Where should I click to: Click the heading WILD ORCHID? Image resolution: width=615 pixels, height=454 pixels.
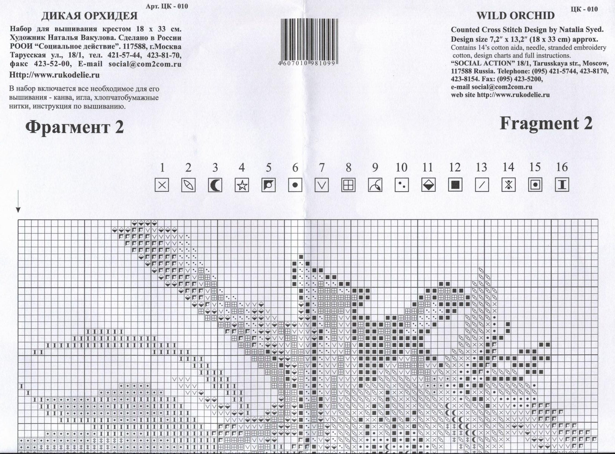[x=516, y=16]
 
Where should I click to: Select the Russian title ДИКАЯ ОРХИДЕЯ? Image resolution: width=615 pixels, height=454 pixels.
[x=90, y=16]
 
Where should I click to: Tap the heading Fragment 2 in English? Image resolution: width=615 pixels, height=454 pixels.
[x=546, y=123]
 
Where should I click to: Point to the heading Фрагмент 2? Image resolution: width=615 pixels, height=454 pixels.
[x=74, y=127]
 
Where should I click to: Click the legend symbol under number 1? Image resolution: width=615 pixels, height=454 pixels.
[x=162, y=185]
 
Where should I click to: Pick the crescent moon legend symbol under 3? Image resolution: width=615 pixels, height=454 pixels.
[x=215, y=185]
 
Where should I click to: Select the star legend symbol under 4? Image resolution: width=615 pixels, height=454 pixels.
[x=242, y=185]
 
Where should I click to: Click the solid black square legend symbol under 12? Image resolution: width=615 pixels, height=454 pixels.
[x=455, y=185]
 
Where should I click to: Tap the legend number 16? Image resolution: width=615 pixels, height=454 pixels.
[x=562, y=167]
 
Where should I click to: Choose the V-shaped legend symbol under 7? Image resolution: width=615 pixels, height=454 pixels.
[x=322, y=185]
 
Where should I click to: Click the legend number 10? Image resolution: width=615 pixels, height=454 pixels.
[x=401, y=168]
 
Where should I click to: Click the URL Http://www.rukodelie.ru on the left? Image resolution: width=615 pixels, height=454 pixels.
[x=55, y=75]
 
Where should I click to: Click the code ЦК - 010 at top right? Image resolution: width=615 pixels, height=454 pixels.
[x=584, y=9]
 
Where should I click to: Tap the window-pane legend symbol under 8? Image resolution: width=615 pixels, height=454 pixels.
[x=348, y=185]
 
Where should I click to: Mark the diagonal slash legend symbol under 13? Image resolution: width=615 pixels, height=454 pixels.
[x=482, y=185]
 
